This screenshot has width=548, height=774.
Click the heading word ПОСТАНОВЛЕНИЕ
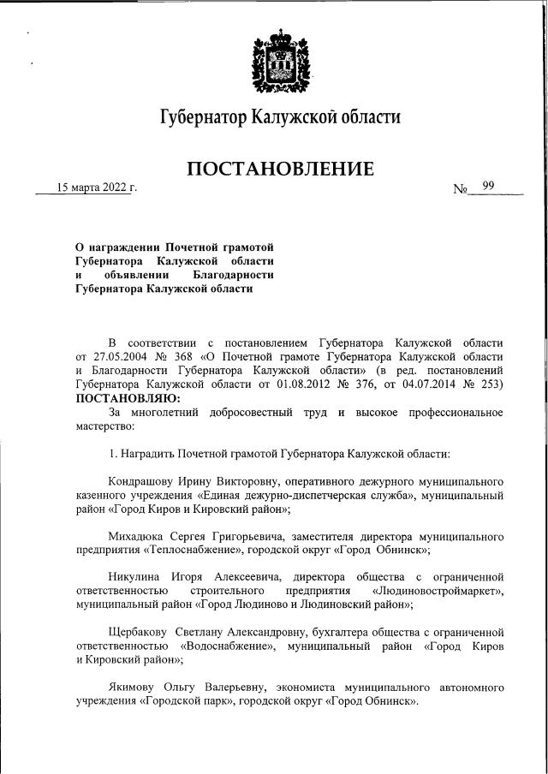pos(280,169)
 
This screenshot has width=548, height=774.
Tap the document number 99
pos(488,186)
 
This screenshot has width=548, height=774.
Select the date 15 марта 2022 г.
pos(96,188)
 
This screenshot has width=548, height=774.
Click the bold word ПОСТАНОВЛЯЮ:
pos(128,398)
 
